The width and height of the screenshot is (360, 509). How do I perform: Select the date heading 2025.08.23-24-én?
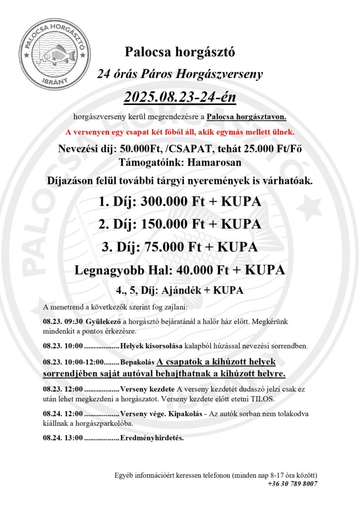click(x=179, y=96)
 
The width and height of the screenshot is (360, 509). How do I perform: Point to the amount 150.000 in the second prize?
click(x=170, y=224)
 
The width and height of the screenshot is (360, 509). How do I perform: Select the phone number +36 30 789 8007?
click(x=292, y=484)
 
